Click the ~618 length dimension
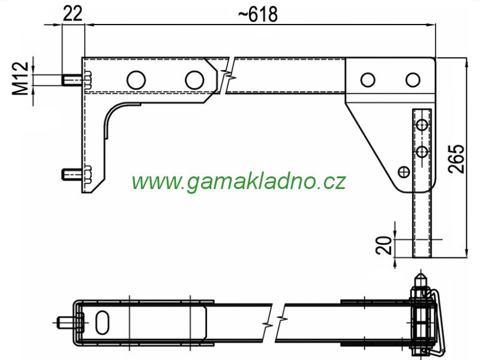(258, 14)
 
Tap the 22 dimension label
(73, 13)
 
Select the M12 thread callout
(20, 79)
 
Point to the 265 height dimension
(456, 158)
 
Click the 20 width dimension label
(384, 245)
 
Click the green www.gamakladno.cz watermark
(239, 181)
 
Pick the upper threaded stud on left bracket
(73, 80)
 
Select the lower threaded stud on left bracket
(73, 174)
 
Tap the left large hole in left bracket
(136, 80)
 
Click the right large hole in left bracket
(194, 80)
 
